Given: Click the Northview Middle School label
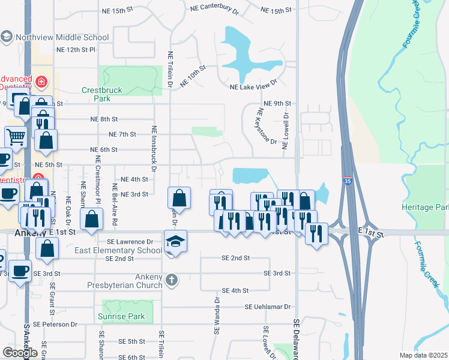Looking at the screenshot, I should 62,37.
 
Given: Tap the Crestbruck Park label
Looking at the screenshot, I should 102,95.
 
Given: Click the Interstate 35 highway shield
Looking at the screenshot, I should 348,179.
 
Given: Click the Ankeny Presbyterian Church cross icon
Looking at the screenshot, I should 172,279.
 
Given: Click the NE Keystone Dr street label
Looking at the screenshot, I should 267,126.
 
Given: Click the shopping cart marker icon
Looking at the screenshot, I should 16,136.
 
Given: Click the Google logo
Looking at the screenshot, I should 20,352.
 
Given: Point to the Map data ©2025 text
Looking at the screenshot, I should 423,355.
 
